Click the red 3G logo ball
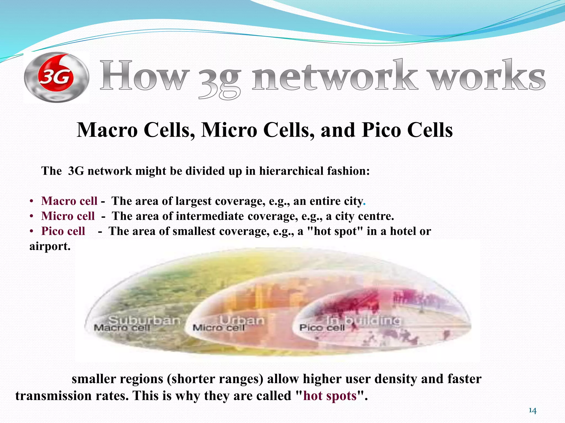coord(56,78)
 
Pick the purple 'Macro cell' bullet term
coord(69,201)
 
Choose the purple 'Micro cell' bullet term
coord(68,216)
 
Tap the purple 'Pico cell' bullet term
coord(63,231)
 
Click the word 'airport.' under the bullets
coord(50,246)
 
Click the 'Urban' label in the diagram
coord(242,320)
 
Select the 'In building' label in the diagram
coord(363,320)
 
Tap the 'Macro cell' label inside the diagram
coord(122,328)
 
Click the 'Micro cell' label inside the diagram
coord(218,328)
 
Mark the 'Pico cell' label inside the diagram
coord(322,328)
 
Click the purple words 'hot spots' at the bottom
coord(330,396)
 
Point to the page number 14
coord(532,411)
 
